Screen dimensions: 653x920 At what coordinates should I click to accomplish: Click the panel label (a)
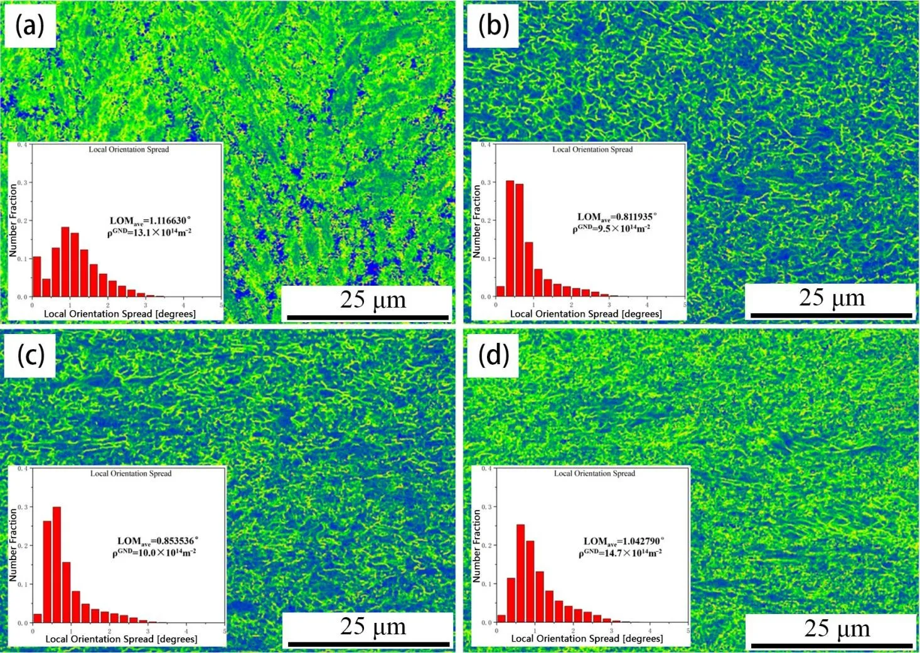click(29, 26)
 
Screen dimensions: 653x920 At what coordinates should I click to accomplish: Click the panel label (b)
click(493, 26)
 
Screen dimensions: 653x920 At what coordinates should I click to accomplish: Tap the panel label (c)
click(31, 355)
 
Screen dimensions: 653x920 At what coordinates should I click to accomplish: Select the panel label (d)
click(493, 355)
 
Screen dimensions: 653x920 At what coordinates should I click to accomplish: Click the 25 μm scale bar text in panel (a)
click(373, 300)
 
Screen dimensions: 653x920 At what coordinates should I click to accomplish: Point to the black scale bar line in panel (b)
click(831, 315)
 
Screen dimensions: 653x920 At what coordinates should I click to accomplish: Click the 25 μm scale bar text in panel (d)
click(837, 628)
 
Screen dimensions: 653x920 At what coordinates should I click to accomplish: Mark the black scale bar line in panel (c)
click(368, 644)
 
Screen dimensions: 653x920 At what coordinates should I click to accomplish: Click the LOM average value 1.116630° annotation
click(150, 220)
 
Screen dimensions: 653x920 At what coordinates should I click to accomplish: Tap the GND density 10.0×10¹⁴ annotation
click(154, 553)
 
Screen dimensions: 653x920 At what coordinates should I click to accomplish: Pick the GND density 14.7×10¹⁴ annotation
click(620, 553)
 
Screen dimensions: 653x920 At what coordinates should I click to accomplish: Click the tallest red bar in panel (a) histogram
click(65, 262)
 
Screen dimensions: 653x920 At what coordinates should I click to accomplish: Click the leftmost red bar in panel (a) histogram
click(36, 276)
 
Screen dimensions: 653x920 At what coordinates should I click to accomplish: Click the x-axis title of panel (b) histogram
click(586, 313)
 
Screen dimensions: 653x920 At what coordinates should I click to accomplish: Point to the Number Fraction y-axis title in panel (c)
click(13, 544)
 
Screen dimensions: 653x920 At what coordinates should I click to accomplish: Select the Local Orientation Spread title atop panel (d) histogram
click(594, 473)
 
